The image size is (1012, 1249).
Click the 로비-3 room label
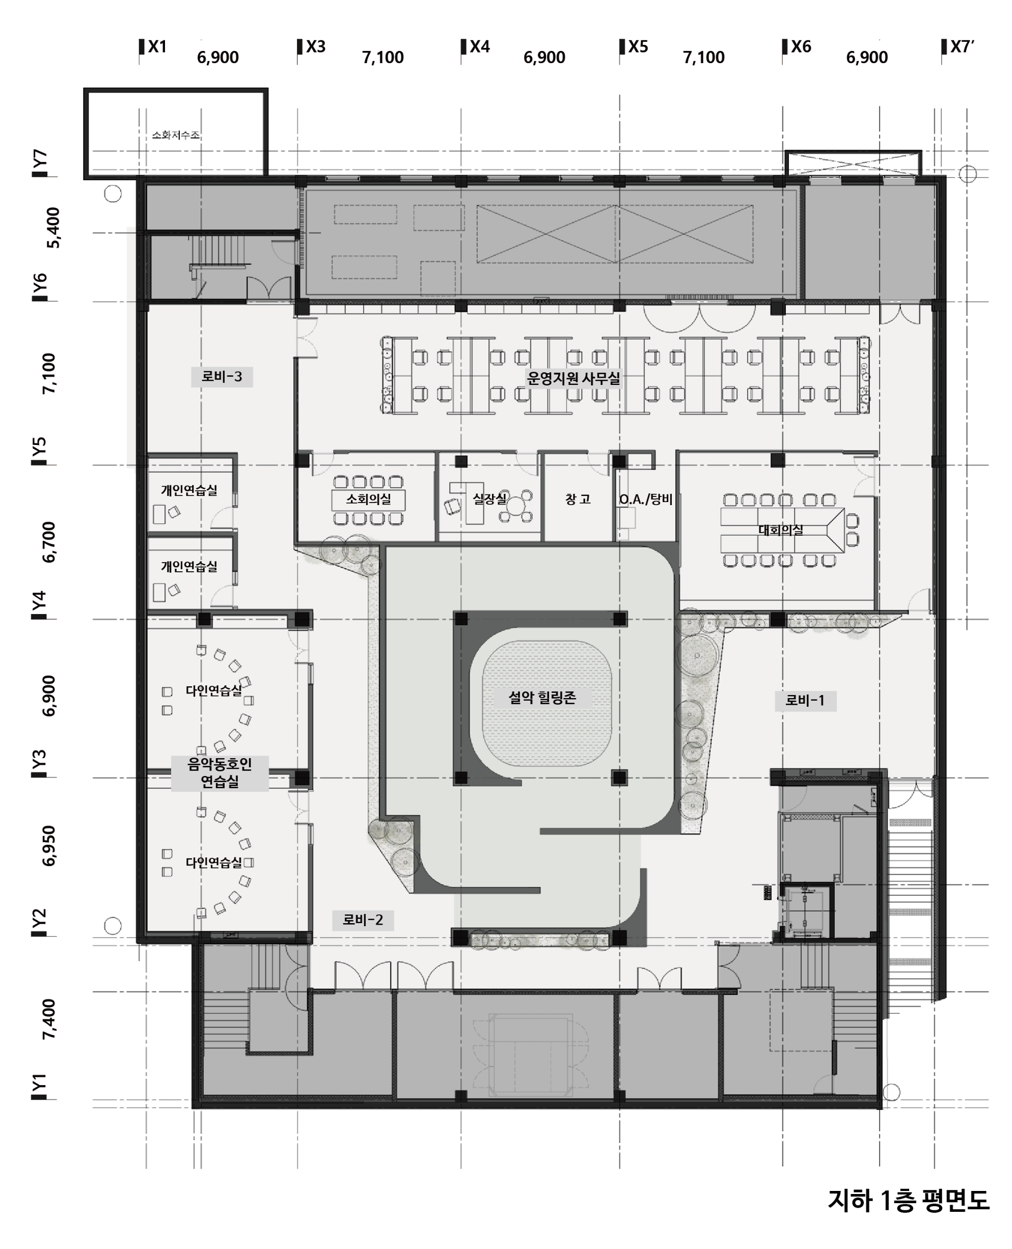point(222,376)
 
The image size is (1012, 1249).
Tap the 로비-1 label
point(805,700)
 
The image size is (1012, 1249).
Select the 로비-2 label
point(363,920)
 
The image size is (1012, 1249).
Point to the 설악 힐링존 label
point(542,697)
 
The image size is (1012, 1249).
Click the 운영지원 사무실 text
point(573,378)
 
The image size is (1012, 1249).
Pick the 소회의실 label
point(368,499)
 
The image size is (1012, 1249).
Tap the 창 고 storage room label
point(578,499)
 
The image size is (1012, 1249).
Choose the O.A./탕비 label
point(646,499)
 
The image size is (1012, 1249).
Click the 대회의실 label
point(781,530)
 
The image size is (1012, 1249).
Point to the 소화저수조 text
point(176,135)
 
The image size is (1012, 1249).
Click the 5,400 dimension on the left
point(52,228)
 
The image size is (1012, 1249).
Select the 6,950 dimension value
point(49,846)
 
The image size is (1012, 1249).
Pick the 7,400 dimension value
point(49,1019)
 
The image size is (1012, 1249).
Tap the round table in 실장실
point(516,505)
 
